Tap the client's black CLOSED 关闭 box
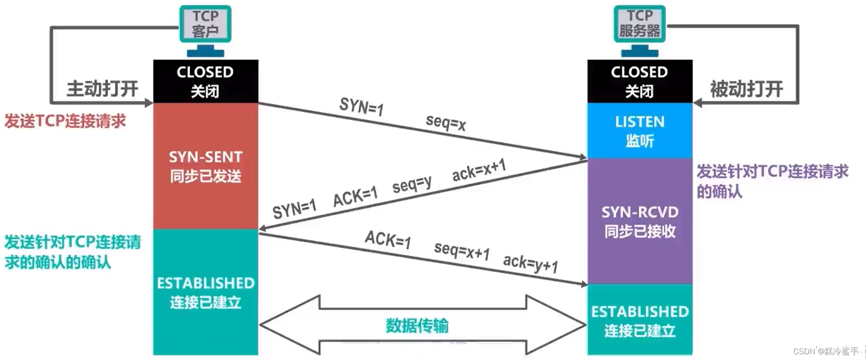(x=205, y=81)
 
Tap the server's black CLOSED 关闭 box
(x=639, y=81)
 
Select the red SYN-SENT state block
(x=205, y=166)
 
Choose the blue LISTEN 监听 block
(x=639, y=131)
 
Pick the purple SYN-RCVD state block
(x=639, y=222)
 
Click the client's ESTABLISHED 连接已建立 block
(x=205, y=292)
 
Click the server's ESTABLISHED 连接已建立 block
(x=639, y=320)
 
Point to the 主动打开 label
(x=102, y=89)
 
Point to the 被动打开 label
(x=746, y=89)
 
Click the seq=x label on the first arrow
(x=446, y=123)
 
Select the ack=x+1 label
(x=479, y=170)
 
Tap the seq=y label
(x=412, y=184)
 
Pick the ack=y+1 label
(x=530, y=263)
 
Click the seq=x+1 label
(x=461, y=251)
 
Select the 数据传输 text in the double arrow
(x=417, y=326)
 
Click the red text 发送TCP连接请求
(x=65, y=121)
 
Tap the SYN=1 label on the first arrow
(x=361, y=106)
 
